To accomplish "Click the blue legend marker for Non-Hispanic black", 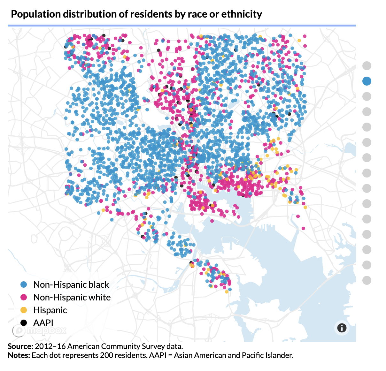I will coord(24,284).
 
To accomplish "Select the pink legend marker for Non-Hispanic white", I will coord(24,297).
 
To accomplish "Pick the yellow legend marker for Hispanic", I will coord(24,310).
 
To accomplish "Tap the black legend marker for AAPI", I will coord(24,323).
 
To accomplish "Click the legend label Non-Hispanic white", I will coord(72,297).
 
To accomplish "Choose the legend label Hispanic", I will coord(50,310).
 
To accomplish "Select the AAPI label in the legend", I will coord(43,323).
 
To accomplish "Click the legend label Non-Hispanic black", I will coord(71,284).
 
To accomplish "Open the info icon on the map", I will coord(342,328).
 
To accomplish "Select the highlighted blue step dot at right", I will coord(367,81).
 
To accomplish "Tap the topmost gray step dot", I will coord(367,66).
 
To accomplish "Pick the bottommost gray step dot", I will coord(367,280).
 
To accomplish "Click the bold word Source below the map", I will coord(20,346).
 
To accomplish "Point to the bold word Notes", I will coord(19,355).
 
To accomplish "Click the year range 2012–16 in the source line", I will coord(50,346).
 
